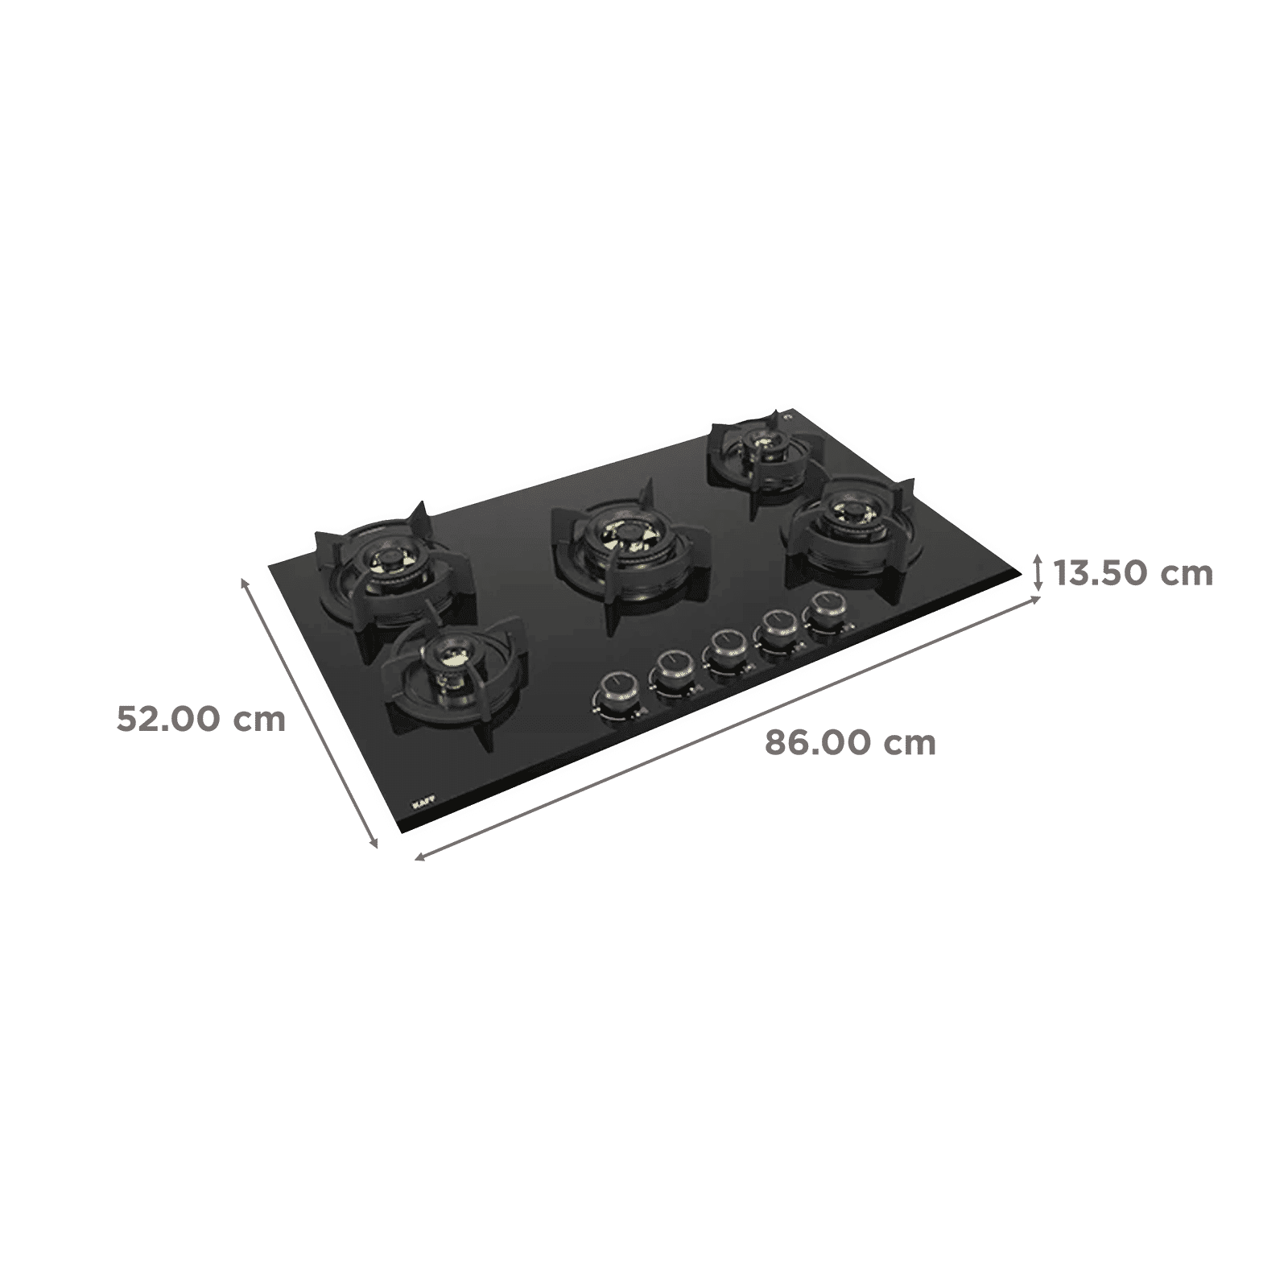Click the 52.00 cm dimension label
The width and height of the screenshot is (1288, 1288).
click(x=201, y=719)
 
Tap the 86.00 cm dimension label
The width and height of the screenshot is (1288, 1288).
click(x=850, y=742)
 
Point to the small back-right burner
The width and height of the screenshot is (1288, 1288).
click(x=758, y=447)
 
